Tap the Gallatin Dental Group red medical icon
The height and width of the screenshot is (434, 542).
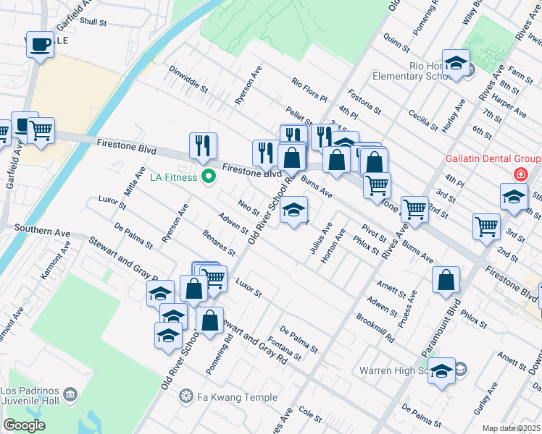click(x=520, y=174)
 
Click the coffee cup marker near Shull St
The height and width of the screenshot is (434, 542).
click(x=39, y=45)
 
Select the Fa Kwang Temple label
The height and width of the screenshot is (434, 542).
click(x=238, y=397)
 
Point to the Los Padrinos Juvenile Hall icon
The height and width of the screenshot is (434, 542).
click(x=70, y=393)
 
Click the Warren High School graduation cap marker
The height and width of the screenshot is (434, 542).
click(x=441, y=372)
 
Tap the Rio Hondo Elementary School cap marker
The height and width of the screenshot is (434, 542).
click(x=456, y=64)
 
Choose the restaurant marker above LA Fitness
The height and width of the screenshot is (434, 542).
click(x=202, y=146)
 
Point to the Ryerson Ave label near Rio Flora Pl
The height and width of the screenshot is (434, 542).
click(x=248, y=87)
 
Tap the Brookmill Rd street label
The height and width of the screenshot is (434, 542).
click(x=375, y=328)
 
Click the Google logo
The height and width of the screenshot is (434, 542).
click(x=24, y=425)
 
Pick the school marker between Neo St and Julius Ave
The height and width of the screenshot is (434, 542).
click(x=293, y=210)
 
